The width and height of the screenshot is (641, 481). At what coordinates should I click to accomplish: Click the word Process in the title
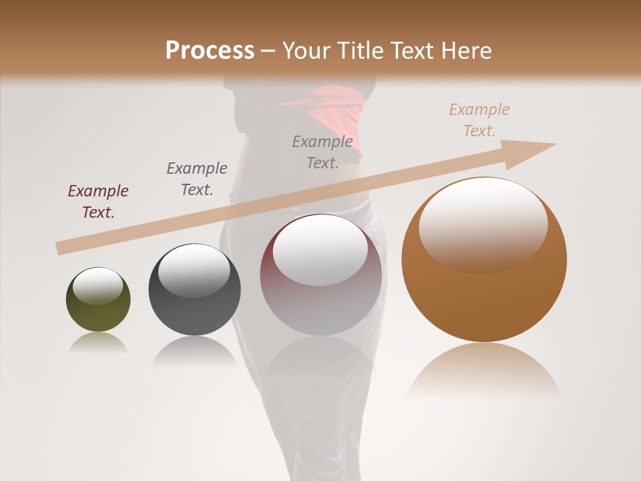click(210, 51)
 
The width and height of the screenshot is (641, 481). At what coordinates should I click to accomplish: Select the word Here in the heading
click(467, 51)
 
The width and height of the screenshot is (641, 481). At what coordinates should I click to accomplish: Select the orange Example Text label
click(479, 120)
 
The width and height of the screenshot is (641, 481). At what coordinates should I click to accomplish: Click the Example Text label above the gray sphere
click(197, 179)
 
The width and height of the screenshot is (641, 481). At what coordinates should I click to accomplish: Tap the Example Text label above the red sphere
click(323, 152)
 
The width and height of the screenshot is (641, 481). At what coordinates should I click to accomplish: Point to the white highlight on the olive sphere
click(97, 286)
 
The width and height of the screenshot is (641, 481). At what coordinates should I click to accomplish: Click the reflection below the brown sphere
click(484, 371)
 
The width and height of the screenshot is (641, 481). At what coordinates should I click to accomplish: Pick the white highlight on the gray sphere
click(194, 270)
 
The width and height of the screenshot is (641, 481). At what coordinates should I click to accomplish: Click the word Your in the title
click(304, 51)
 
